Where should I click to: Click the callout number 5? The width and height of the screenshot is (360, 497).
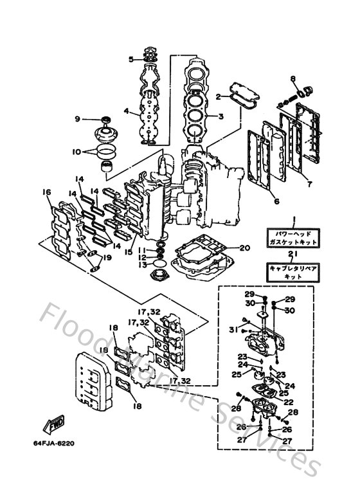pos(130,59)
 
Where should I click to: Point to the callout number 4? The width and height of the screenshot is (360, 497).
pos(127,111)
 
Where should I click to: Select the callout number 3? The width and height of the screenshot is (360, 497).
pos(221,116)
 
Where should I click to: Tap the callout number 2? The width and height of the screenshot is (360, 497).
pos(218,96)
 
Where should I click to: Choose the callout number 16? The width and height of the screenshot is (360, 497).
pos(46,192)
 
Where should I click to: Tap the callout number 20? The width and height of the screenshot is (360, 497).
pos(244,248)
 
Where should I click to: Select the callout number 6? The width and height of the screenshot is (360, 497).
pos(276,201)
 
